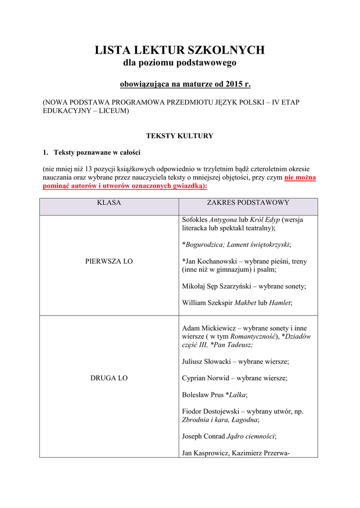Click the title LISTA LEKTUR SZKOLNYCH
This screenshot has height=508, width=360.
click(180, 50)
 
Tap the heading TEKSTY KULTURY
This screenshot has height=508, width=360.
click(179, 136)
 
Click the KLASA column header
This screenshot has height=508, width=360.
click(109, 203)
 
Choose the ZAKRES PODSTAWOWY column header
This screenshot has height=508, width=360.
click(248, 203)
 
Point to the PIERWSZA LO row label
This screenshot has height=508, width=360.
click(109, 261)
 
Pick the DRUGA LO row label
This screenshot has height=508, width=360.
click(109, 378)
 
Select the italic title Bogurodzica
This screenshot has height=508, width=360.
click(204, 245)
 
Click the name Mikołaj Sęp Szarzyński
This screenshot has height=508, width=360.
click(217, 286)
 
